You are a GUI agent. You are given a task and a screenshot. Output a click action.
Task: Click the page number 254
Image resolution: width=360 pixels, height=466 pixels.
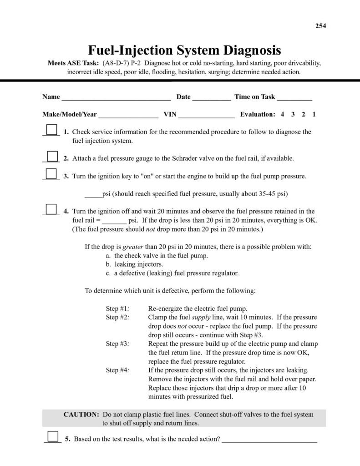(321, 25)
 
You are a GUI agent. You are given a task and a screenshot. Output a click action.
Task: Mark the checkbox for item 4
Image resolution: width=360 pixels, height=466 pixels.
(51, 209)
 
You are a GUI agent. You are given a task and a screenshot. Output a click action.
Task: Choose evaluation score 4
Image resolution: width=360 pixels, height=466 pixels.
(282, 114)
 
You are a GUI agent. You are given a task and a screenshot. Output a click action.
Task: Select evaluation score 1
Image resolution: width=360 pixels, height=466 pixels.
(314, 114)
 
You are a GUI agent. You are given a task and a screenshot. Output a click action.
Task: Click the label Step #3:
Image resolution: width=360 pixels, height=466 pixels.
(117, 344)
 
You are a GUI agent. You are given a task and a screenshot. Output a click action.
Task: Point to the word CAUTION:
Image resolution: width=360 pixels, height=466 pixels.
(81, 415)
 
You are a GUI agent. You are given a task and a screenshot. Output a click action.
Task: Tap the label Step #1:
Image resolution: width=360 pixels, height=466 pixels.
(117, 308)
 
